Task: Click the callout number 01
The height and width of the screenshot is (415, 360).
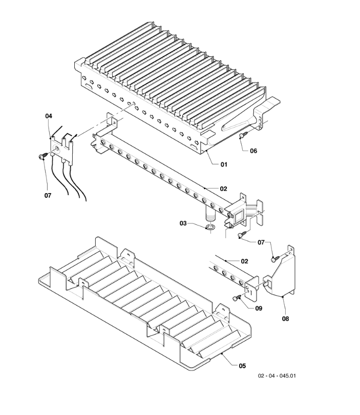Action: (x=224, y=164)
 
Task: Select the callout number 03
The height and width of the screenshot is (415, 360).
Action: (x=183, y=223)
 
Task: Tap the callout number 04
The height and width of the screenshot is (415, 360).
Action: (x=49, y=116)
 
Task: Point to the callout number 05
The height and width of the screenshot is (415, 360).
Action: (x=242, y=366)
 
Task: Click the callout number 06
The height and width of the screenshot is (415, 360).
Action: (x=253, y=151)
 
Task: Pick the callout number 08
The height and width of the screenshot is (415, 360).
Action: (x=285, y=319)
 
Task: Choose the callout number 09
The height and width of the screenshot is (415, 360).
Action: (x=259, y=308)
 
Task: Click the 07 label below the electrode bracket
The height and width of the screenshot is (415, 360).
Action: (x=48, y=196)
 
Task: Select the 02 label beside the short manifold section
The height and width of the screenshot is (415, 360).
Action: (x=244, y=261)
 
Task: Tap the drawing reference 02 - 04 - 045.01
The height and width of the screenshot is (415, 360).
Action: (x=277, y=376)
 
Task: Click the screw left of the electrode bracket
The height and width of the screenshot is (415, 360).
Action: (x=44, y=156)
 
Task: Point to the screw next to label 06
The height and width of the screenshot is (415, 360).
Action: (x=244, y=134)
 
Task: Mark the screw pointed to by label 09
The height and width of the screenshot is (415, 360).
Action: (x=237, y=298)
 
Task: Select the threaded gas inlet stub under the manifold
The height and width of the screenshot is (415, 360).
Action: (x=210, y=214)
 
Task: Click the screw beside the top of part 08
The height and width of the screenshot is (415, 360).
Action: (x=275, y=259)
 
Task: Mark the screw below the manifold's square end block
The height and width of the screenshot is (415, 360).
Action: (x=242, y=234)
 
